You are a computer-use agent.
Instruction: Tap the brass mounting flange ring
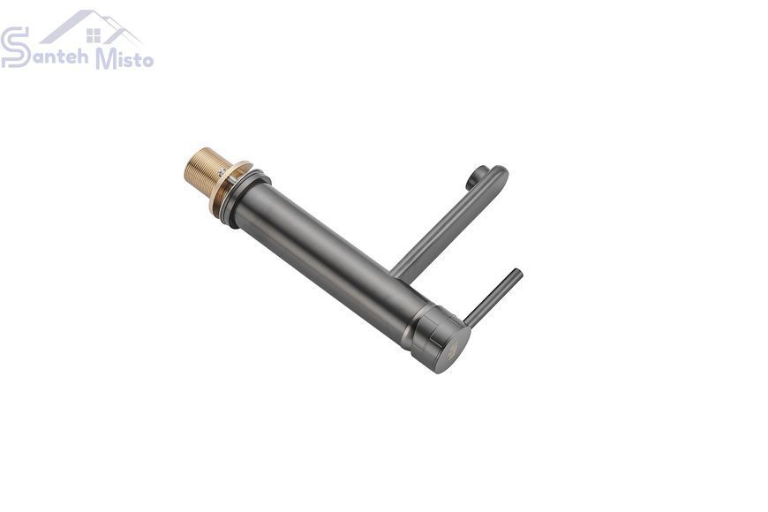tap(230, 188)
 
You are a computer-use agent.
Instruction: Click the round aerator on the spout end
tap(476, 177)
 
